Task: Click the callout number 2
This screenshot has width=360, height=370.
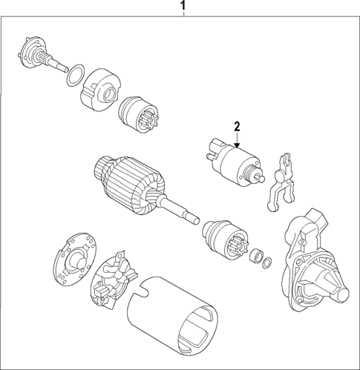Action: point(238,127)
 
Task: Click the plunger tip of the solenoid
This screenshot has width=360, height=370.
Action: point(258,176)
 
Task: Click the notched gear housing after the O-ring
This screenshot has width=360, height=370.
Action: point(99,87)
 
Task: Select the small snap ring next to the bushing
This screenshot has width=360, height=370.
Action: point(269,260)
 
